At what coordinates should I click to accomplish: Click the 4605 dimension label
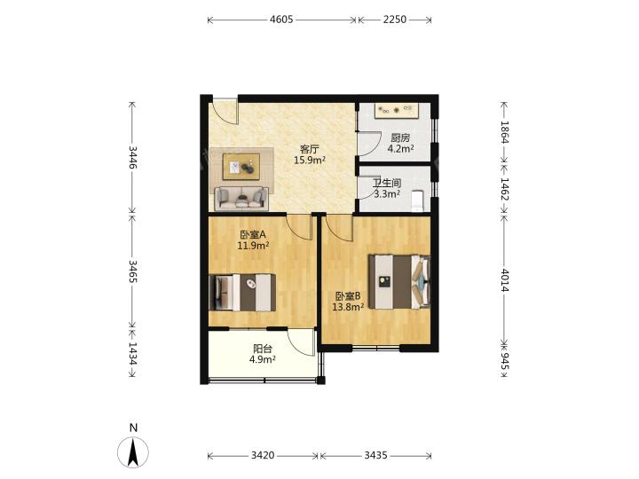[x=281, y=20]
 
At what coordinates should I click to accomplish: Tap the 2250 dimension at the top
[x=394, y=20]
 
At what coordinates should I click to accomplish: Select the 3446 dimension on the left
[x=132, y=157]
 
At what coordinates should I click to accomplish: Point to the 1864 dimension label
[x=505, y=132]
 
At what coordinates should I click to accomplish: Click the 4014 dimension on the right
[x=505, y=280]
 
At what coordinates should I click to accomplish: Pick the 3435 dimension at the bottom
[x=375, y=455]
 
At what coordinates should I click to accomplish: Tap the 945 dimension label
[x=505, y=361]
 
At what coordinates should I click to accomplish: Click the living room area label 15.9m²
[x=310, y=160]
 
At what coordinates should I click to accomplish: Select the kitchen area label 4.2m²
[x=400, y=149]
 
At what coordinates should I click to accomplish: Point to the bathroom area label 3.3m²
[x=387, y=194]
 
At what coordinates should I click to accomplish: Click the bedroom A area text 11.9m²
[x=253, y=245]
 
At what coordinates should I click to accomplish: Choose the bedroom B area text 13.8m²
[x=348, y=307]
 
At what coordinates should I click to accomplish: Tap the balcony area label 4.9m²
[x=263, y=359]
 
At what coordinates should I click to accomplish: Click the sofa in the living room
[x=241, y=199]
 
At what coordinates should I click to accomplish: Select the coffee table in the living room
[x=241, y=167]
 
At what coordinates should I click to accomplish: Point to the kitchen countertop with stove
[x=397, y=110]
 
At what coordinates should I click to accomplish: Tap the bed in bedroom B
[x=399, y=281]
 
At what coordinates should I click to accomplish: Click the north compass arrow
[x=133, y=452]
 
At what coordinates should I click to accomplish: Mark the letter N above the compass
[x=133, y=428]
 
